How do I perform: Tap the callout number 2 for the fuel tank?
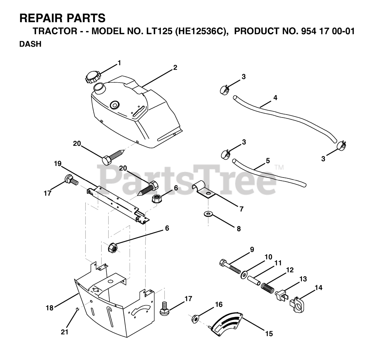click(175, 68)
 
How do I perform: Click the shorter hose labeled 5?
click(268, 173)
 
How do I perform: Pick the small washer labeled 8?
click(207, 214)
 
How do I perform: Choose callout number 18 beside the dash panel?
click(50, 308)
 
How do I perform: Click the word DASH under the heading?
click(30, 44)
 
